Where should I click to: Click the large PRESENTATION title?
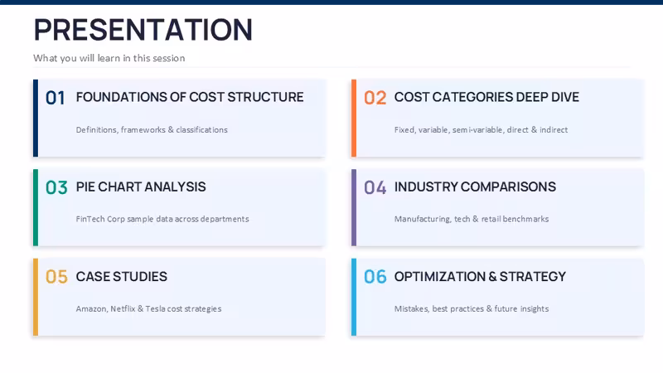143,30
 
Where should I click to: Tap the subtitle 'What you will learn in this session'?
109,58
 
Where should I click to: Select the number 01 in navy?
56,98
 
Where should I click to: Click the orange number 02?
375,98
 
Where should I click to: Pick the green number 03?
56,188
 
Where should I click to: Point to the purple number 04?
375,188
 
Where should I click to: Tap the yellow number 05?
56,277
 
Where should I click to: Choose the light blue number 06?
375,277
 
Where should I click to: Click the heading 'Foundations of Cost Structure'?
190,97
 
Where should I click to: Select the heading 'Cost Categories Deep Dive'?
486,97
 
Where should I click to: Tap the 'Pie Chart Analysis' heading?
141,187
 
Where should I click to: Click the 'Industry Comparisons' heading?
475,187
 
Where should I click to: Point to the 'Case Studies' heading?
122,277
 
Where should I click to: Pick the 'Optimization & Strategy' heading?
480,277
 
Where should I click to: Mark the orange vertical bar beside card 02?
354,118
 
